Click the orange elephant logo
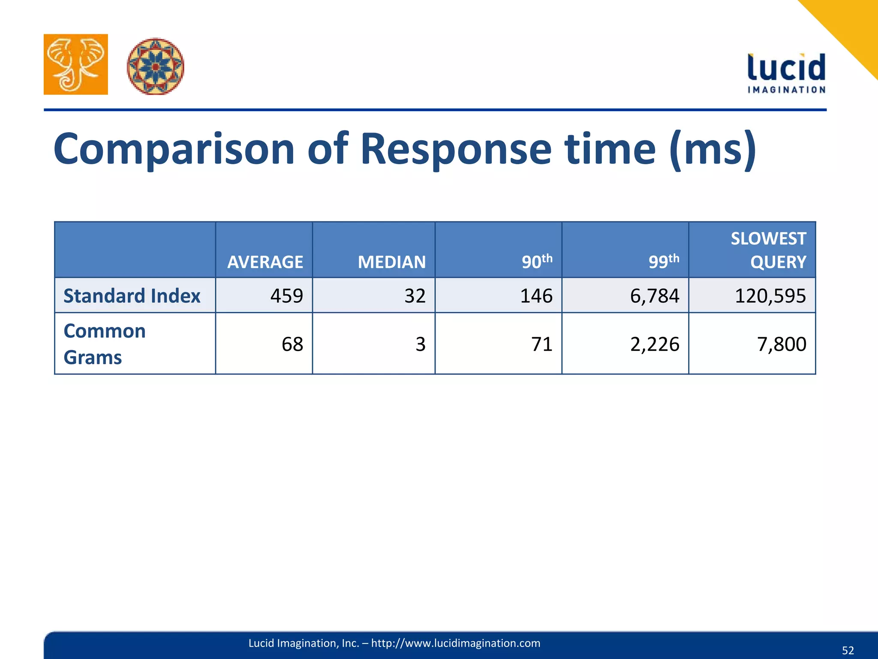click(75, 64)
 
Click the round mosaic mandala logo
click(155, 66)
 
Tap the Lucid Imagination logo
click(786, 73)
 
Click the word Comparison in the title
click(174, 149)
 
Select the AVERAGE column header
click(265, 262)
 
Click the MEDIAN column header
click(391, 262)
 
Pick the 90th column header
click(536, 261)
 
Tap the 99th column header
click(663, 261)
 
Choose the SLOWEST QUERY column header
click(768, 250)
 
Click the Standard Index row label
click(132, 296)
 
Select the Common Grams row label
click(105, 344)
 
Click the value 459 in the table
click(286, 296)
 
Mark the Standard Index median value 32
click(415, 296)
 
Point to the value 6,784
click(654, 296)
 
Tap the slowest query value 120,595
click(770, 296)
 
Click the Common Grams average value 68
click(292, 344)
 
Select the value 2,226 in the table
click(654, 344)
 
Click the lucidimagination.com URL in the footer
click(455, 643)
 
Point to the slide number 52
click(848, 650)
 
